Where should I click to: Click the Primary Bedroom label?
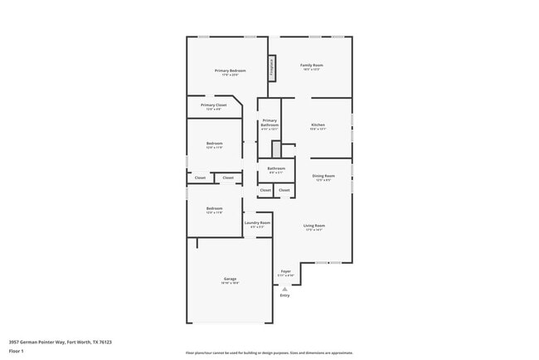(231, 71)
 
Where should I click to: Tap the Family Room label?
(312, 65)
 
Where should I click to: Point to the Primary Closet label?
(214, 105)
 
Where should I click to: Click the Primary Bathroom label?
(269, 123)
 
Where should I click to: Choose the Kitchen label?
(318, 125)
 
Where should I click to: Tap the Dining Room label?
(323, 176)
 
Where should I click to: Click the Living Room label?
(313, 226)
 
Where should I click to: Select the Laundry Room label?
(257, 222)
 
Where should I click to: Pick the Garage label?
(230, 279)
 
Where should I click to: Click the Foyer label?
(285, 271)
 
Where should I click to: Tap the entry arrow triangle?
(284, 288)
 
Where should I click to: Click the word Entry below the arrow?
(284, 295)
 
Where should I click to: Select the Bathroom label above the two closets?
(276, 168)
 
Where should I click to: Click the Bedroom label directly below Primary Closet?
(215, 144)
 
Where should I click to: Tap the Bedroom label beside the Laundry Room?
(214, 208)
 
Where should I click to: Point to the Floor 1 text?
(17, 351)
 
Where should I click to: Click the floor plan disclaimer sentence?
(269, 353)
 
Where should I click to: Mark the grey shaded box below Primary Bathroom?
(276, 148)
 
